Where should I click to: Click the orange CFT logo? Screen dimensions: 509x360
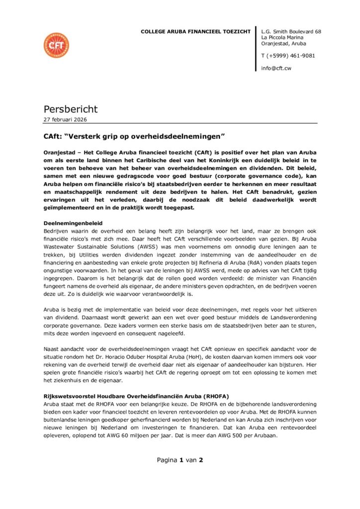click(56, 45)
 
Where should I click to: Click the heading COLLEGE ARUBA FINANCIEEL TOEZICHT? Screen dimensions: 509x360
click(195, 32)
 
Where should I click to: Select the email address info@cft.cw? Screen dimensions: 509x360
click(276, 68)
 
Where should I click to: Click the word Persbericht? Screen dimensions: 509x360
click(71, 109)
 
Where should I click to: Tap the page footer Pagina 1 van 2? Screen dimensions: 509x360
click(180, 460)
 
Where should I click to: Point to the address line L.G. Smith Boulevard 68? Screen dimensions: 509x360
click(291, 32)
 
